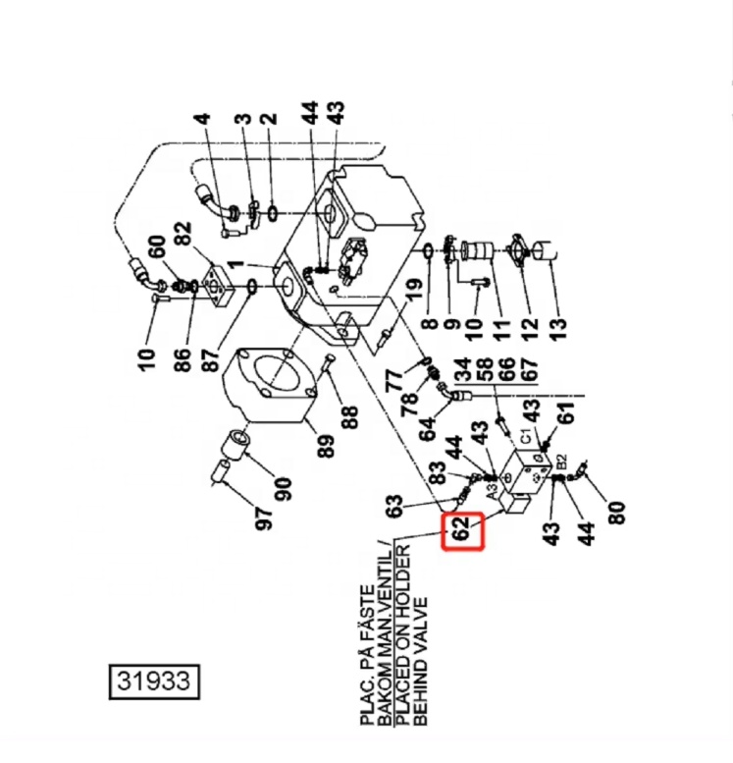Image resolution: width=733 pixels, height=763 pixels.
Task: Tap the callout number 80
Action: pyautogui.click(x=615, y=513)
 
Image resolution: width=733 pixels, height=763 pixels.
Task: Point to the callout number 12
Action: pyautogui.click(x=531, y=322)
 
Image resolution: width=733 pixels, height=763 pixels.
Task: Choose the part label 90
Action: pyautogui.click(x=284, y=488)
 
